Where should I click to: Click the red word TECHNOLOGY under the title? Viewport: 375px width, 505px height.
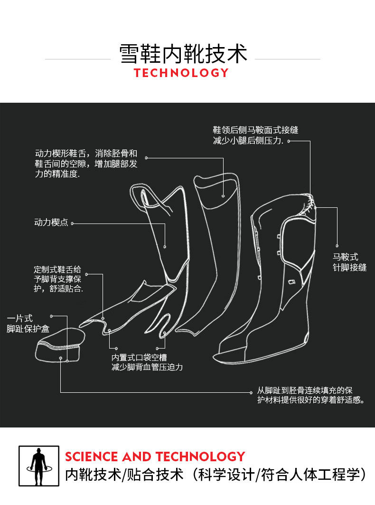coord(181,73)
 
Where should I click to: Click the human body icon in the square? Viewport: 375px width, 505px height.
coord(39,466)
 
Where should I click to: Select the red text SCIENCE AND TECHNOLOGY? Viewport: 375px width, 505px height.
coord(155,457)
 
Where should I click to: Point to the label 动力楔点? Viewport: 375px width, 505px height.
coord(51,223)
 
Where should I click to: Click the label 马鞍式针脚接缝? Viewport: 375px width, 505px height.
coord(349,262)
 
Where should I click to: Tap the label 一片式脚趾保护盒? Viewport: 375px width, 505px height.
coord(28,323)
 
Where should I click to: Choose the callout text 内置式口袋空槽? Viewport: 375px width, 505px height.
coord(140,357)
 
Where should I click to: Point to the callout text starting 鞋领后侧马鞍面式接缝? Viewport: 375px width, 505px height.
coord(255,136)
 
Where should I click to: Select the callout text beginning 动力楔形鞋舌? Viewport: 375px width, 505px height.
coord(86,164)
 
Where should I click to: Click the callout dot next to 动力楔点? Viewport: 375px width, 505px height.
coord(72,223)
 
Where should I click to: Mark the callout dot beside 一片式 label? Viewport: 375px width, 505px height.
coord(51,316)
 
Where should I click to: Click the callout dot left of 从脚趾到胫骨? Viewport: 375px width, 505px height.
coord(252,392)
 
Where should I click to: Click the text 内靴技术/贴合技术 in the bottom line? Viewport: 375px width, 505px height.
coord(124,475)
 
